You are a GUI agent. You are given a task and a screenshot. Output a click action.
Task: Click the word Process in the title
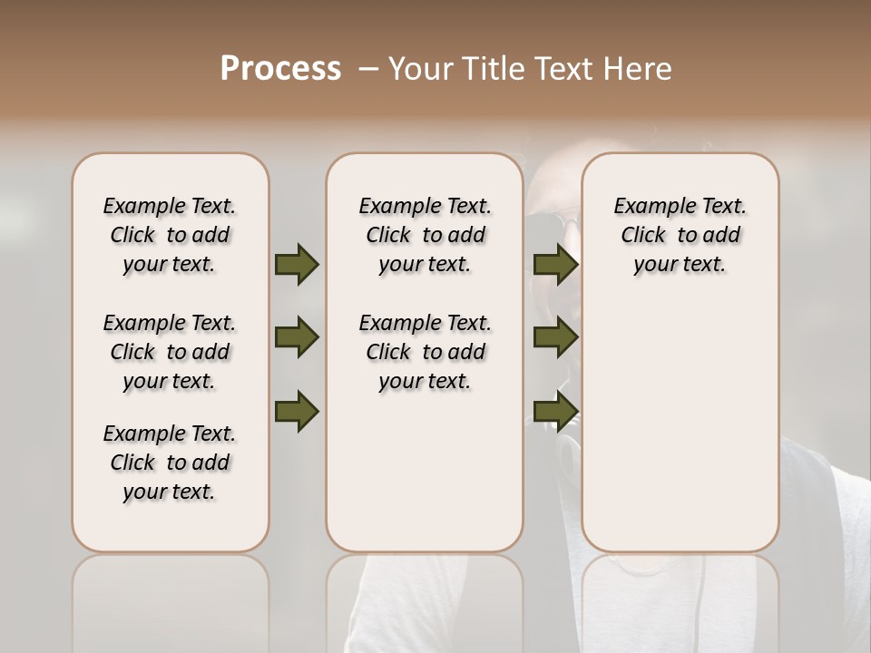[280, 68]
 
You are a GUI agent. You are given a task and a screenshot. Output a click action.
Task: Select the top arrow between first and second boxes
[297, 264]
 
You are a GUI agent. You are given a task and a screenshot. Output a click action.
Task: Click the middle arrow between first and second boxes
[297, 338]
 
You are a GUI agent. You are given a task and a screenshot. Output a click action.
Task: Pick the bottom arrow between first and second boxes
[297, 411]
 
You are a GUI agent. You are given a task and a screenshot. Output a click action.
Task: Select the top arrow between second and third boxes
[556, 264]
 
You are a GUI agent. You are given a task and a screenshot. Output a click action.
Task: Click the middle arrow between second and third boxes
[556, 338]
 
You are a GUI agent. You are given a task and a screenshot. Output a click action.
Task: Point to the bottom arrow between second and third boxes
[556, 411]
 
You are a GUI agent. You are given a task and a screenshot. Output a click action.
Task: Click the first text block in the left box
[170, 235]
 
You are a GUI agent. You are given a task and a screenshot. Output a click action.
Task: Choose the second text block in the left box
[170, 352]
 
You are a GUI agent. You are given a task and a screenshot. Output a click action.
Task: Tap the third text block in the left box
[170, 463]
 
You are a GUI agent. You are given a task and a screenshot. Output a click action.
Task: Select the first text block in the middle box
[425, 235]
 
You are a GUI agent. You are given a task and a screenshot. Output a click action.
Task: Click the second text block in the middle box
[425, 352]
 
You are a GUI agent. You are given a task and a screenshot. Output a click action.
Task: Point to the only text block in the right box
[680, 235]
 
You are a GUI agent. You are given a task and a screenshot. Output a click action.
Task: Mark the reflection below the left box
[171, 599]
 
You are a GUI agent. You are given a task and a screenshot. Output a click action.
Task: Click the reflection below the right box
[680, 599]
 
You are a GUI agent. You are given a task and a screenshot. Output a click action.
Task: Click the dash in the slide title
[368, 68]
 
